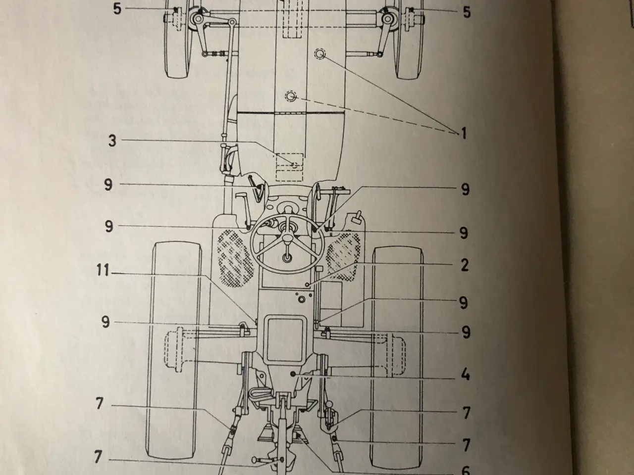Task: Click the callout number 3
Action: tap(112, 141)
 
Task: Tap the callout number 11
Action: tap(103, 271)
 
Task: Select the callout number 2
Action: tap(465, 265)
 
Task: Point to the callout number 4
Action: tap(465, 375)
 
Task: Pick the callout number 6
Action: tap(466, 470)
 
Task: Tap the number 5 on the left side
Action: tap(117, 8)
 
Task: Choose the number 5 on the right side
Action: tap(466, 12)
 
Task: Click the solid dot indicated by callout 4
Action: tap(293, 374)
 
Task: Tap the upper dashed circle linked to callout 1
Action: tap(320, 54)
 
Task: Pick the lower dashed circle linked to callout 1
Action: tap(291, 96)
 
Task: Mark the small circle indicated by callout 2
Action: tap(308, 285)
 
